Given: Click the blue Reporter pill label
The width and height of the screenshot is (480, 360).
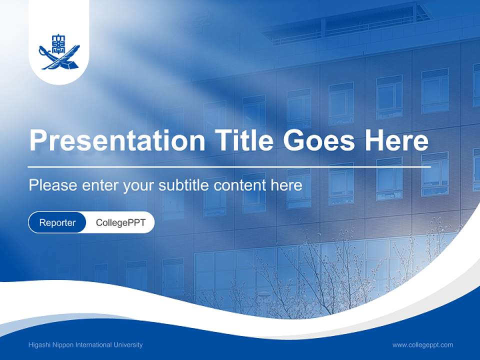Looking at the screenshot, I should pos(57,222).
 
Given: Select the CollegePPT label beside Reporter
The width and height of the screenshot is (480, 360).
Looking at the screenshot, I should pos(120,222).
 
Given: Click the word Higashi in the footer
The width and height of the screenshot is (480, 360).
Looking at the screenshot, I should pos(40,345).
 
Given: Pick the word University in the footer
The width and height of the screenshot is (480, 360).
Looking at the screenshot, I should pos(128,345).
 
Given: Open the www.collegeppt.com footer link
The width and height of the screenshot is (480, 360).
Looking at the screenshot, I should pos(422,345).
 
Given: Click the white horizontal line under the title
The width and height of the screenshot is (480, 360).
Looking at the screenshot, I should pos(229,166).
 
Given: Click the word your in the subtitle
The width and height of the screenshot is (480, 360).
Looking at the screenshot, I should pos(139,185).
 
